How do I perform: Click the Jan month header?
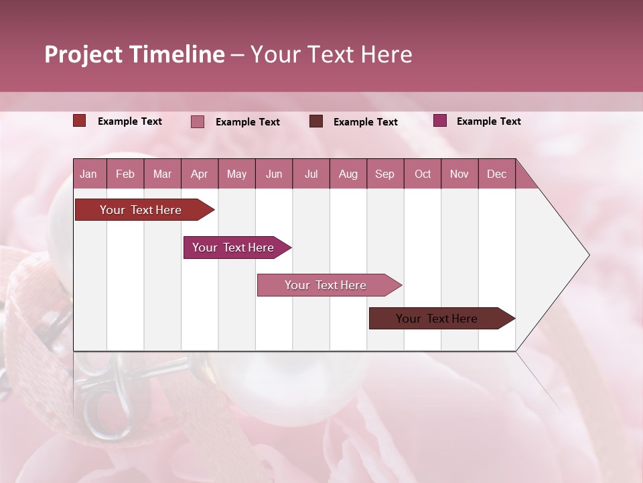(x=88, y=174)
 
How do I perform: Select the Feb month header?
(x=125, y=174)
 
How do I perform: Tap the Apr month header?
(x=199, y=174)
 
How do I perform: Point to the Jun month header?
(x=274, y=174)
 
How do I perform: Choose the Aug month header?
(x=348, y=174)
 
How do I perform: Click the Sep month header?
(x=384, y=174)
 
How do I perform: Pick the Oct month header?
(x=423, y=174)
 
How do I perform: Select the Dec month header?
(x=496, y=174)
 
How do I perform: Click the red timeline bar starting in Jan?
(x=141, y=210)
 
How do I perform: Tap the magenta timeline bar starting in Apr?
(x=233, y=248)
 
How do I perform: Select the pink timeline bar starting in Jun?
(x=326, y=285)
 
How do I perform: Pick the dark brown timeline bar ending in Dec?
(x=437, y=319)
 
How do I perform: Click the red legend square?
(x=80, y=121)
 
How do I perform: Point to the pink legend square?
(x=198, y=121)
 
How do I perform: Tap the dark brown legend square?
(x=316, y=121)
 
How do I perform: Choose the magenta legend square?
(x=440, y=121)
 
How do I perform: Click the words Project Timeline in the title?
(x=135, y=54)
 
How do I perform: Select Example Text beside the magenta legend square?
(x=488, y=121)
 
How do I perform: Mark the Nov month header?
(x=459, y=174)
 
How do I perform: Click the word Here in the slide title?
(x=386, y=54)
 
